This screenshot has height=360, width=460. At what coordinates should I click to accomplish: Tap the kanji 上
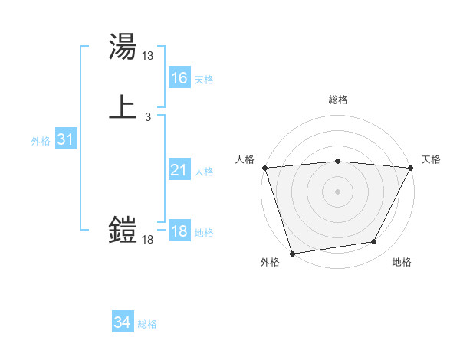[123, 106]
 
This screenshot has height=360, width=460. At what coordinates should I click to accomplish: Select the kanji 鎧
[123, 229]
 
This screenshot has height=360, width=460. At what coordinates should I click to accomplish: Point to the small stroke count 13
[148, 56]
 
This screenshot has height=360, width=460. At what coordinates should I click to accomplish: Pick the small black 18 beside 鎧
[148, 240]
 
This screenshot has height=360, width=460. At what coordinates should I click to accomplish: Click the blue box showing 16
[179, 78]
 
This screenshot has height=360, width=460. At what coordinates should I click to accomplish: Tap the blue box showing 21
[179, 170]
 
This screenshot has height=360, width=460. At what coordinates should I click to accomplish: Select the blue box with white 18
[179, 231]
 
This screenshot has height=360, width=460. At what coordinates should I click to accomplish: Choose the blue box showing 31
[65, 139]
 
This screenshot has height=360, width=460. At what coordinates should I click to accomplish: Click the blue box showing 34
[122, 322]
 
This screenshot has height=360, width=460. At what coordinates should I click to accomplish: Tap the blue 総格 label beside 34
[147, 324]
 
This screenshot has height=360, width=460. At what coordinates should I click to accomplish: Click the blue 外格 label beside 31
[41, 141]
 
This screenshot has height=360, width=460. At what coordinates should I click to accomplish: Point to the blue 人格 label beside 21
[204, 172]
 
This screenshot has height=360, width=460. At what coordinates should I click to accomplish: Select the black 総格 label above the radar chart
[338, 100]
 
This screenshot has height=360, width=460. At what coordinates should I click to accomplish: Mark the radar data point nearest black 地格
[374, 242]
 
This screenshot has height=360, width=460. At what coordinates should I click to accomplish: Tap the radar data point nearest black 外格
[292, 253]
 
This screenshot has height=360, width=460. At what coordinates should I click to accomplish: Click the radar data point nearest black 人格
[264, 168]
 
